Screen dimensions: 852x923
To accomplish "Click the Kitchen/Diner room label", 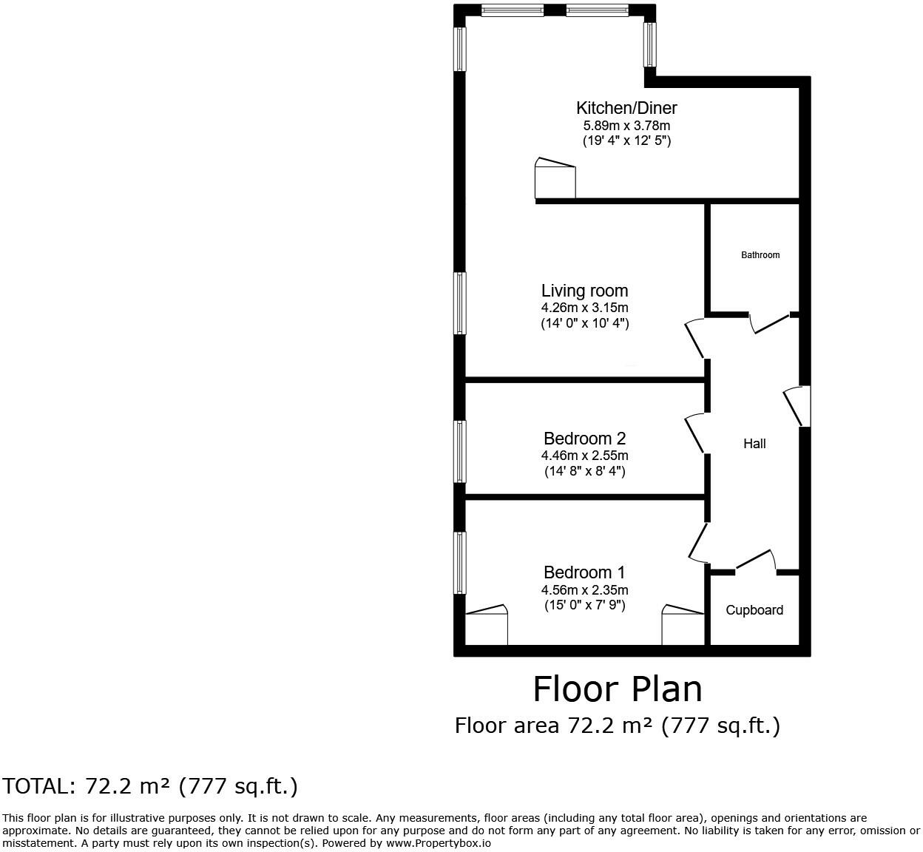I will point(626,108).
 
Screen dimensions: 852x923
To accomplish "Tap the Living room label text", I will point(584,291).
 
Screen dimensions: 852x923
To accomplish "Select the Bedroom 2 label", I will point(584,439).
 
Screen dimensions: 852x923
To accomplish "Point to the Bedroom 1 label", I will point(584,572).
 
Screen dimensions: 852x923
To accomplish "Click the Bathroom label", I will point(760,255).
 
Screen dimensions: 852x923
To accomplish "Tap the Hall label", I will point(754,444).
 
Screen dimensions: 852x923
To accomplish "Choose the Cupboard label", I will point(754,610).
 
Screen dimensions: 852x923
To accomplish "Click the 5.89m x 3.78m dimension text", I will point(626,125).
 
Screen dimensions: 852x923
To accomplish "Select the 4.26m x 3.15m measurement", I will point(584,308).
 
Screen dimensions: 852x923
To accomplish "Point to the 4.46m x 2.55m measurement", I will point(584,456).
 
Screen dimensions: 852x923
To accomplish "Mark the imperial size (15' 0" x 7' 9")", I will point(584,606).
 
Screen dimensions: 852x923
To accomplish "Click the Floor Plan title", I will point(618,689).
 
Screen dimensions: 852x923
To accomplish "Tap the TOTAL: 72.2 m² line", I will point(150,786).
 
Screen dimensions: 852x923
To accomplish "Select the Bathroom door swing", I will point(771,324).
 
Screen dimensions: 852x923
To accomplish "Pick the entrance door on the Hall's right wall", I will point(797,406).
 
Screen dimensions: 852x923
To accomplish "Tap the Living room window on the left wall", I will point(460,303).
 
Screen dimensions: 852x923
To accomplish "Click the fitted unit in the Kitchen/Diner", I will point(555,180).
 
